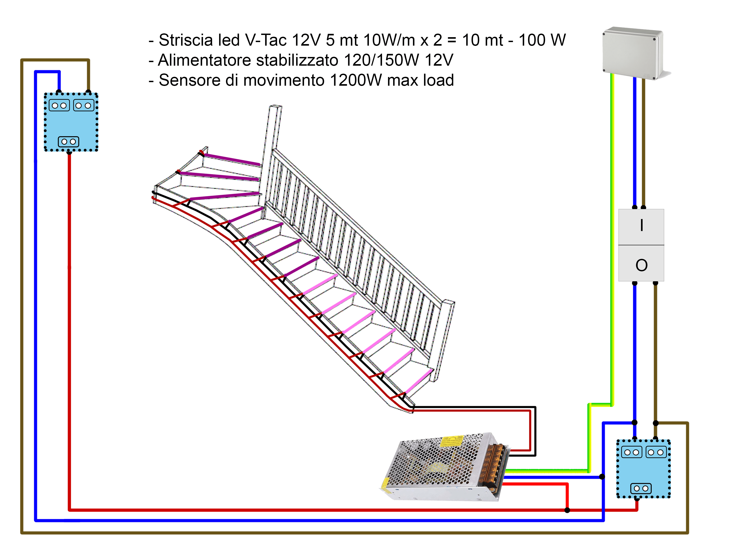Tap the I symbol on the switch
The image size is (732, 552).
point(641,225)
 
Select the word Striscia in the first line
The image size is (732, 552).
point(186,40)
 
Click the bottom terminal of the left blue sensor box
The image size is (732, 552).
point(69,142)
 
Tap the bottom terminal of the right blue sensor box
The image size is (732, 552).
point(641,488)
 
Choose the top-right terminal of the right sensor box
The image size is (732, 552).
point(656,452)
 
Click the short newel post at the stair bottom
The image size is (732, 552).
point(443,341)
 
